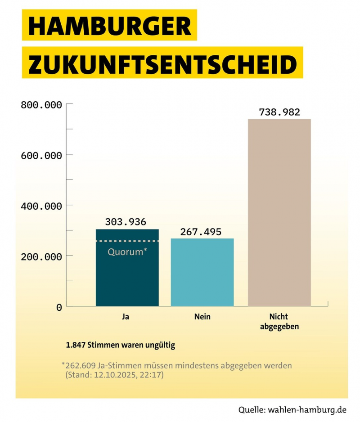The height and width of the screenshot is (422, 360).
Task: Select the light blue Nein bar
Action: click(202, 272)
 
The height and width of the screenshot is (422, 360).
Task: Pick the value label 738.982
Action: click(279, 112)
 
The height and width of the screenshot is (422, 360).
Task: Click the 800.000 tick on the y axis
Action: click(41, 105)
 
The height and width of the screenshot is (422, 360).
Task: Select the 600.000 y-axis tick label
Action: click(41, 156)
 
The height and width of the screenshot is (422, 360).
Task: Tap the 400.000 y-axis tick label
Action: click(41, 206)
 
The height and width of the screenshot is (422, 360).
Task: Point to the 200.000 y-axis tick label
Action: click(41, 256)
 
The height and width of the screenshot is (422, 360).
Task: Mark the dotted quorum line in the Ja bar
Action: click(127, 242)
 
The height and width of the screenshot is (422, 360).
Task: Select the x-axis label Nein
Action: click(202, 317)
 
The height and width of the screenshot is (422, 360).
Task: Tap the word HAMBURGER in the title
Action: click(109, 27)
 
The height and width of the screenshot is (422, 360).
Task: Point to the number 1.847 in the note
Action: click(76, 346)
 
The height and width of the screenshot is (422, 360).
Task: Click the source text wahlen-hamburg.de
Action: click(306, 410)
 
